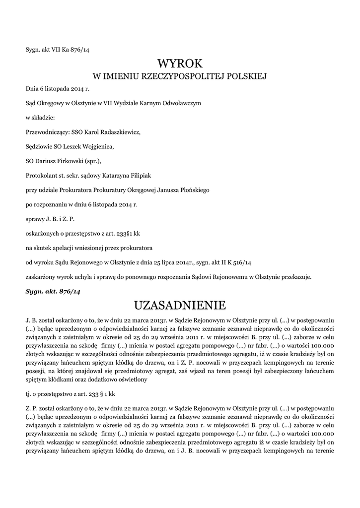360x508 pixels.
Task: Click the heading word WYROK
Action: point(180,63)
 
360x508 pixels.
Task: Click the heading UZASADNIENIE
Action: point(180,303)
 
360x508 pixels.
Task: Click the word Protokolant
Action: point(41,175)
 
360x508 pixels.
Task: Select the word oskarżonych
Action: point(42,233)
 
